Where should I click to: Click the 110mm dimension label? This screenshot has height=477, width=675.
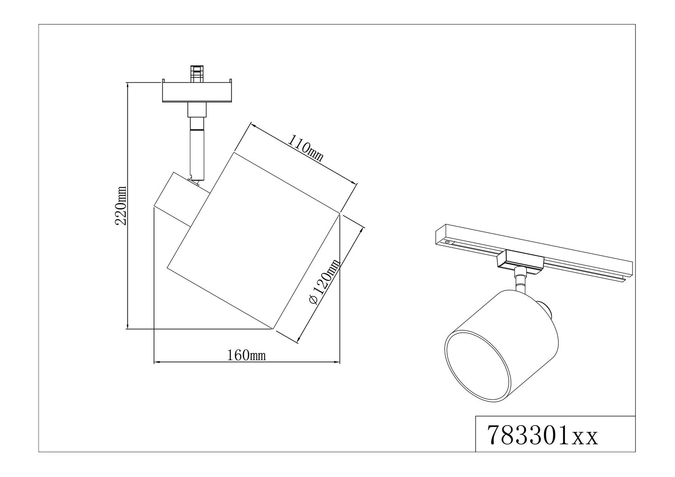click(306, 148)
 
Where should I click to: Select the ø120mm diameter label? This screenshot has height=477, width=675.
click(324, 282)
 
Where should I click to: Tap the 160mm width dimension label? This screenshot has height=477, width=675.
click(247, 356)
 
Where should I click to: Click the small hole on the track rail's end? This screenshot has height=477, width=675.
click(446, 243)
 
